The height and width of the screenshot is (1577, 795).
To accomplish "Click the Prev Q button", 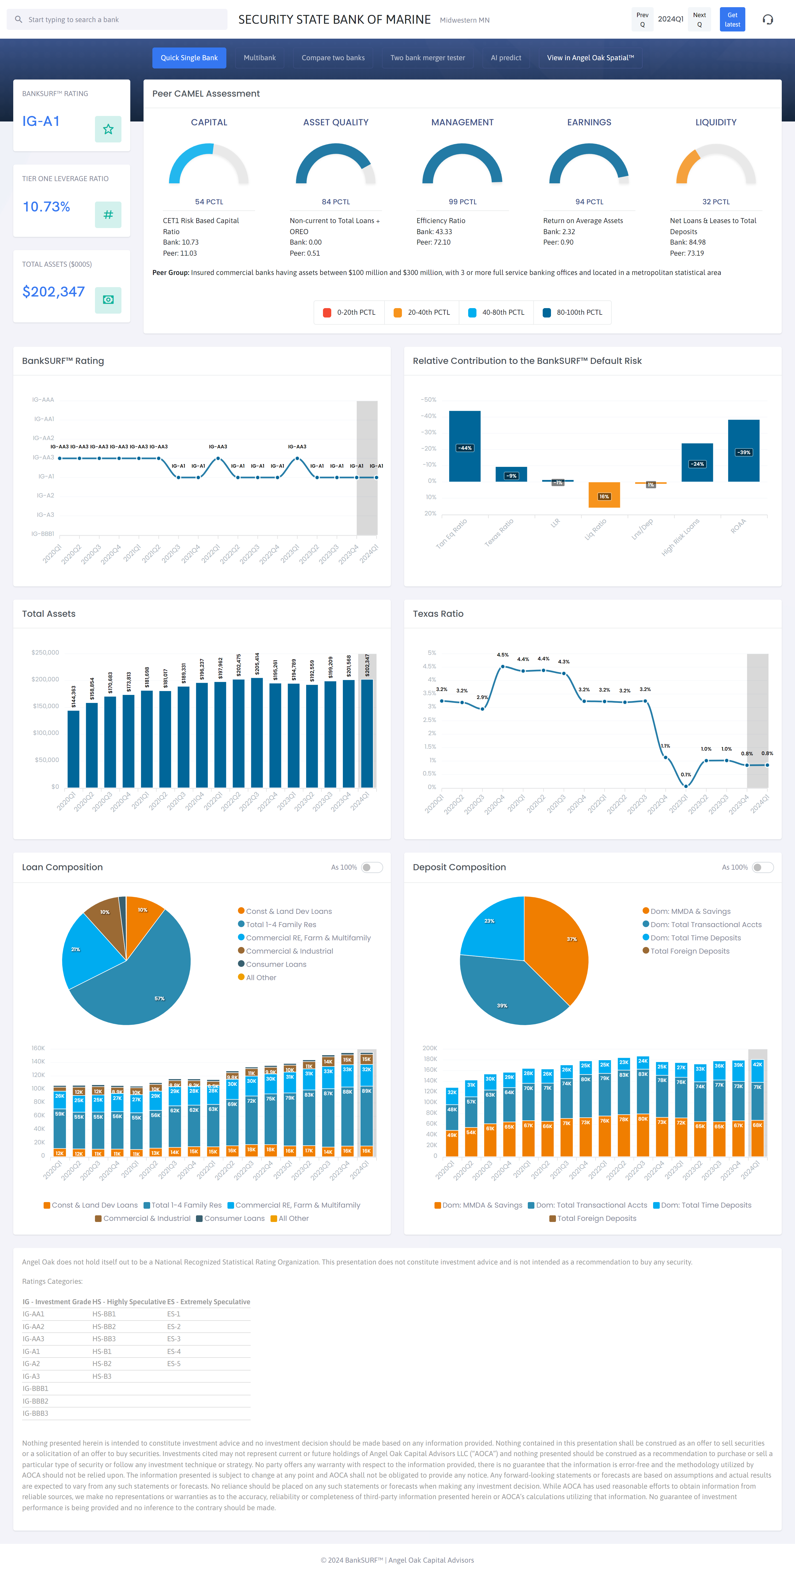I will pos(642,20).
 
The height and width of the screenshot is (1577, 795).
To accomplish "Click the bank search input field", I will pos(122,20).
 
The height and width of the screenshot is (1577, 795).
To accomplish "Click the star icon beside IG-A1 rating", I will pos(108,129).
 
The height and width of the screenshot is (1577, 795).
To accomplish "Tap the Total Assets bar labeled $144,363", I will pos(73,748).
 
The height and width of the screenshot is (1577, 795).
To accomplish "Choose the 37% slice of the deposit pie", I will pos(560,943).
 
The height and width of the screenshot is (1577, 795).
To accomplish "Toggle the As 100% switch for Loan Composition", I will pos(372,867).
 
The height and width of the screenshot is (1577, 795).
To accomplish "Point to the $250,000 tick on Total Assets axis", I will pos(45,653).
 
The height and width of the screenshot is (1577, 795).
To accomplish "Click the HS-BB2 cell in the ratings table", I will pos(104,1327).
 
